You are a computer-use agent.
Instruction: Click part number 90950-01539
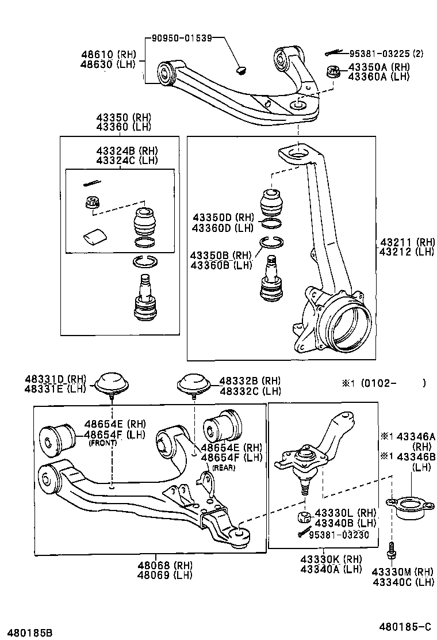pos(182,39)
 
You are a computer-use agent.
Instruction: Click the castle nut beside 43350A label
pos(332,72)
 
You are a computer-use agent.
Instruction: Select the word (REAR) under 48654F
pos(224,467)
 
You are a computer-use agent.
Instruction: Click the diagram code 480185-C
pos(404,626)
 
